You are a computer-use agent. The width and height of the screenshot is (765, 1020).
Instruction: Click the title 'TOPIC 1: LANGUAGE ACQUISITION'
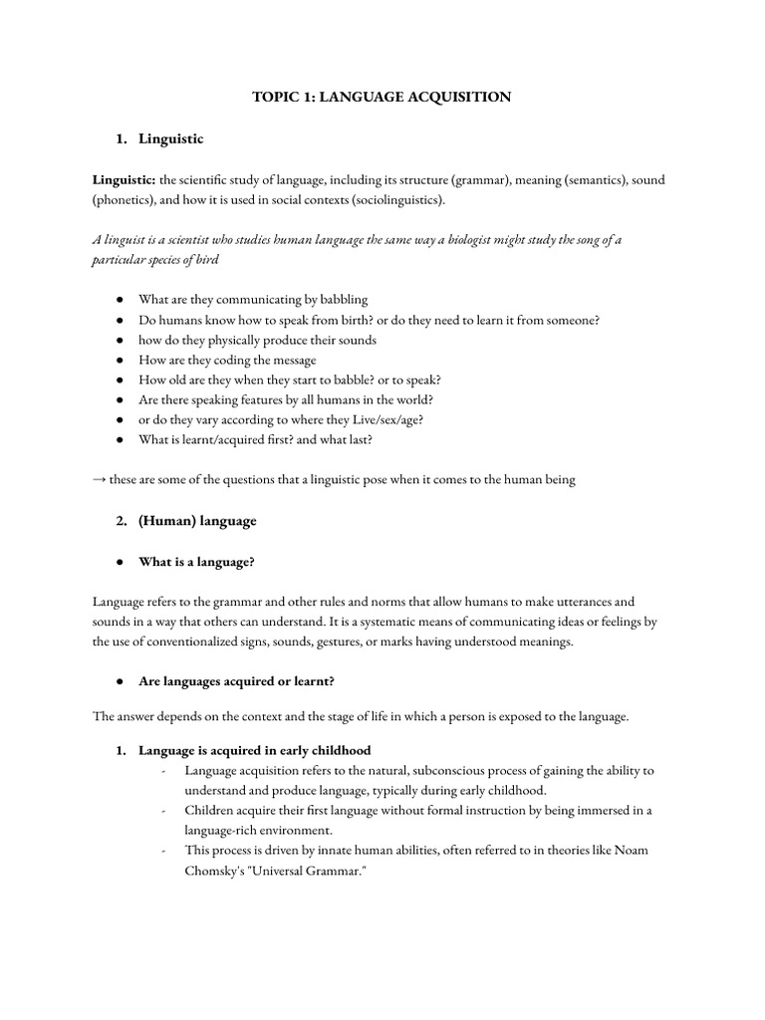[382, 97]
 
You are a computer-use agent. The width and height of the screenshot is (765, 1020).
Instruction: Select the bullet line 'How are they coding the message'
[227, 360]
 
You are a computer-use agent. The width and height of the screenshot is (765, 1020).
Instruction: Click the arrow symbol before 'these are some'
[100, 479]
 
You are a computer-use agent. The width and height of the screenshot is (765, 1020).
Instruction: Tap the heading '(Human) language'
[197, 521]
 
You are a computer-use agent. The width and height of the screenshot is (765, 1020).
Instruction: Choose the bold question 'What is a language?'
[196, 562]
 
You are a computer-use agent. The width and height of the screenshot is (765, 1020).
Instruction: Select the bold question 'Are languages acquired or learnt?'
[237, 682]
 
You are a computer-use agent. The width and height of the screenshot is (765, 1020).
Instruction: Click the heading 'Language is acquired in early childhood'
[255, 750]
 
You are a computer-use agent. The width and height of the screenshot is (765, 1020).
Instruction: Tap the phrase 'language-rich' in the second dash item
[221, 830]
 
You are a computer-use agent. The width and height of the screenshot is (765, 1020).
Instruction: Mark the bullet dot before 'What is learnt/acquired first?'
[119, 439]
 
